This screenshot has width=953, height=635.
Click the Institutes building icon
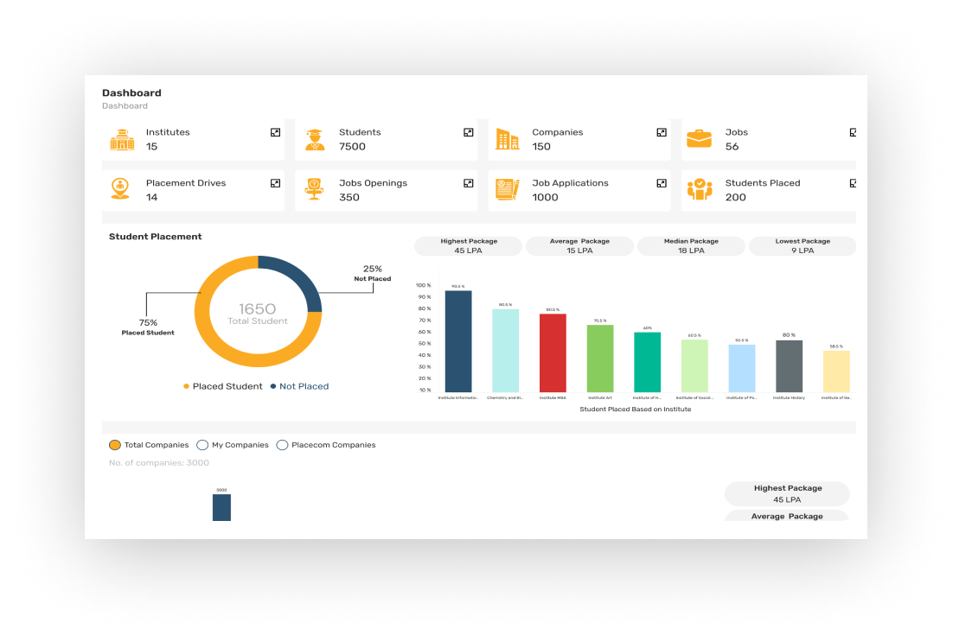point(122,139)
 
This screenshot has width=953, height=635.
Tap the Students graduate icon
point(314,139)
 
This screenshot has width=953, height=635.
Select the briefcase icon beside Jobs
point(699,138)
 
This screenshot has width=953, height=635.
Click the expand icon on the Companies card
point(662,132)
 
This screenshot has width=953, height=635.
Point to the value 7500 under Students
point(352,147)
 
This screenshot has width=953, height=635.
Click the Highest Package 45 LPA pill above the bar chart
point(468,246)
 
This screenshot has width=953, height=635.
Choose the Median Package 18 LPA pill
point(691,246)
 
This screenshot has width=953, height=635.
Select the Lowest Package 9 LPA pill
point(802,246)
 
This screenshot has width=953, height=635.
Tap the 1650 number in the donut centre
point(258,308)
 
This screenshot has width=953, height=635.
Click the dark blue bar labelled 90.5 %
point(458,341)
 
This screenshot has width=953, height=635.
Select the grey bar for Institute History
point(789,365)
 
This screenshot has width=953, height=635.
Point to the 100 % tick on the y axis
point(423,285)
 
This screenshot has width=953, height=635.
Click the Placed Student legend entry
point(222,386)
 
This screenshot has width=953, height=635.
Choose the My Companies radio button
point(202,445)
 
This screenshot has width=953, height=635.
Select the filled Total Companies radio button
point(115,445)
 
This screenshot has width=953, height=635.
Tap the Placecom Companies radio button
point(282,445)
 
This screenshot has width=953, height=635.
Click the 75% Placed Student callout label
point(147,327)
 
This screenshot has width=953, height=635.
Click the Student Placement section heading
point(156,237)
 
